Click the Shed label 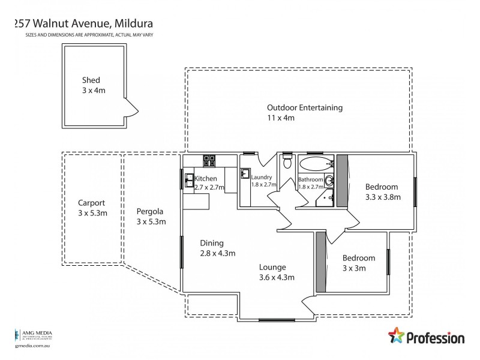(x=91, y=80)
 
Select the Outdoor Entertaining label (x=305, y=108)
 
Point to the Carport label (x=91, y=203)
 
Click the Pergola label (x=150, y=211)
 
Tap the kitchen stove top (x=210, y=160)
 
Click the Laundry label (x=262, y=177)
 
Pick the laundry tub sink (x=245, y=174)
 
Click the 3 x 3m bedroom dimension (x=354, y=268)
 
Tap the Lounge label (x=272, y=268)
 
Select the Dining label (x=212, y=243)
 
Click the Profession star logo (x=397, y=337)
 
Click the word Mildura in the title (x=131, y=24)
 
